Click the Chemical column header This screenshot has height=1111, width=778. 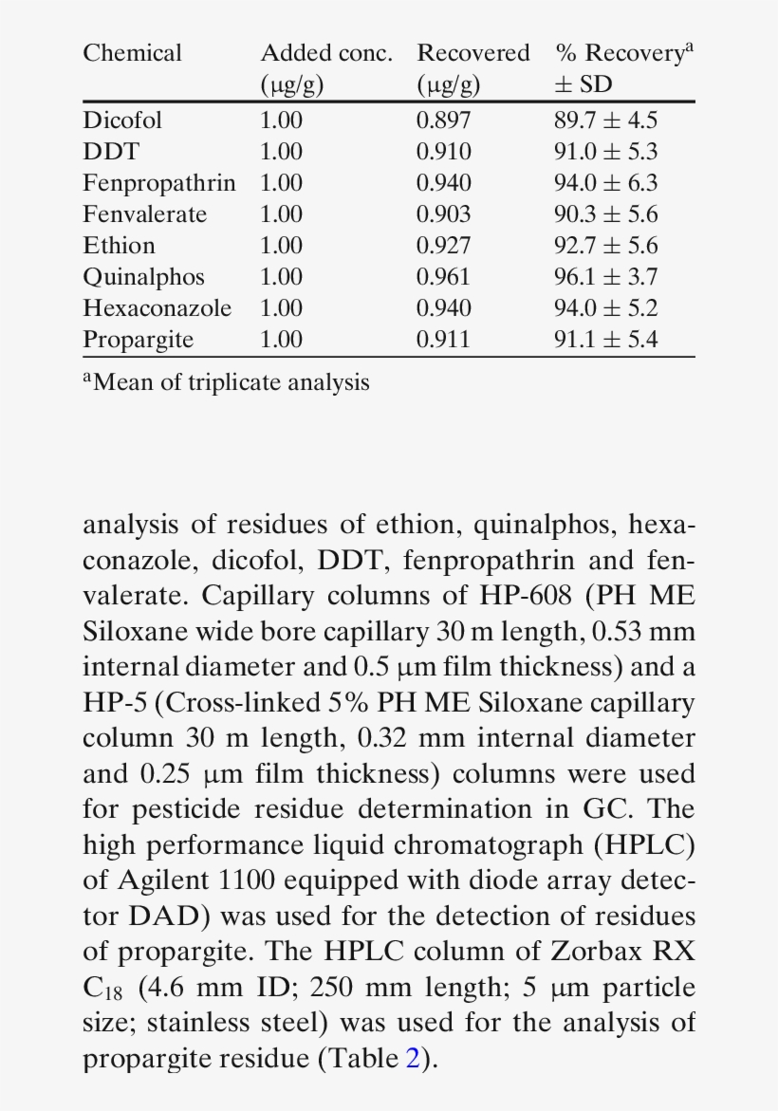(x=132, y=53)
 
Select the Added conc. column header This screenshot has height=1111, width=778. (x=325, y=53)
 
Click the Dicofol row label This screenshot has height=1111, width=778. (x=122, y=120)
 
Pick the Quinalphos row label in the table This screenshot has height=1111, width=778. (x=143, y=277)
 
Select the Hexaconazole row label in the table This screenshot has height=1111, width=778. (x=157, y=308)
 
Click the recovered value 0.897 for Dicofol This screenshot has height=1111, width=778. (x=443, y=120)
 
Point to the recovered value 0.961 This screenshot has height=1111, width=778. (x=443, y=277)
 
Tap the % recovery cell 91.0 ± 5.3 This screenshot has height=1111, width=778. (x=605, y=152)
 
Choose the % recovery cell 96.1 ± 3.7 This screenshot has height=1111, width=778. (x=605, y=277)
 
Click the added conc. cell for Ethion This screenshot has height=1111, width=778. (x=281, y=246)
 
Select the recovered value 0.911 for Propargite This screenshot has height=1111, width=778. (x=443, y=340)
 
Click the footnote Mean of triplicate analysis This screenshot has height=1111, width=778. (x=227, y=382)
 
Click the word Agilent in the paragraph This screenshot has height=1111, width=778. (x=162, y=880)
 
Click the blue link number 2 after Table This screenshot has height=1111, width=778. (x=412, y=1059)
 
